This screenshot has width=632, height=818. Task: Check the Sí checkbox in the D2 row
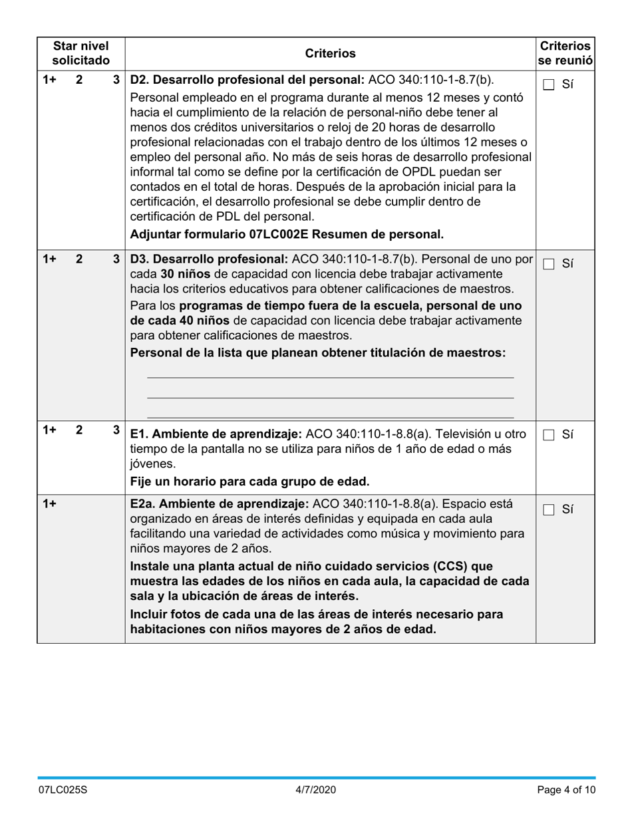pos(548,84)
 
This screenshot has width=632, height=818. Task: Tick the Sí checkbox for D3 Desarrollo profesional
pos(548,264)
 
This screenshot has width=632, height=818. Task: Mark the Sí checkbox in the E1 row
pos(548,435)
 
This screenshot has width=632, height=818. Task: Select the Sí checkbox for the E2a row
pos(548,510)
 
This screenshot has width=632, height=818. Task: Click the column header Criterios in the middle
pos(330,53)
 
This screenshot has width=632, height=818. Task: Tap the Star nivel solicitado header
pos(80,53)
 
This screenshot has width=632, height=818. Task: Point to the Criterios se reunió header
pos(565,53)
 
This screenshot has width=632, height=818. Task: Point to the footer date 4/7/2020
pos(316,790)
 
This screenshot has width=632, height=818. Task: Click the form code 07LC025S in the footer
pos(63,790)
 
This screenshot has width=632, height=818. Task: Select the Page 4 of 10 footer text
pos(566,790)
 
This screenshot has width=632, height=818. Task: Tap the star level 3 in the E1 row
pos(116,430)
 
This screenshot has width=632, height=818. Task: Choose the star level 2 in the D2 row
pos(80,80)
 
